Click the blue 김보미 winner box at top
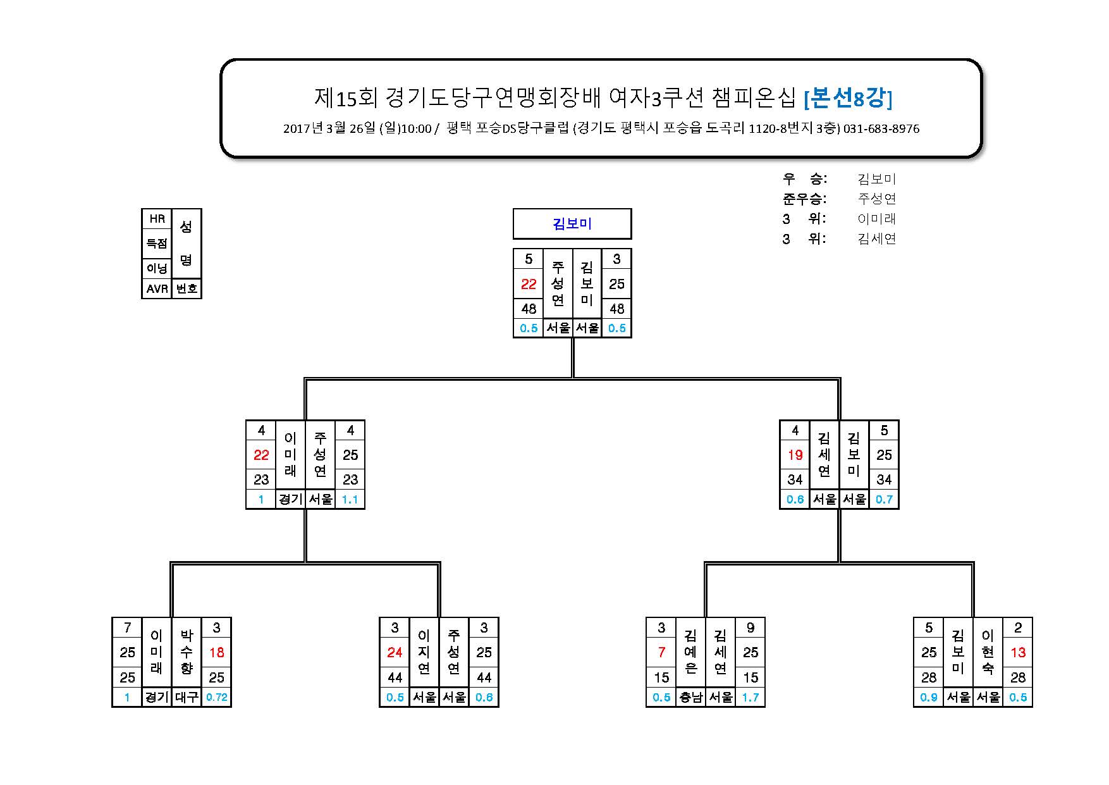pyautogui.click(x=572, y=224)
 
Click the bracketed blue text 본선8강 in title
pyautogui.click(x=847, y=98)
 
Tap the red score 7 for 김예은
pyautogui.click(x=661, y=652)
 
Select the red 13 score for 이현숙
pyautogui.click(x=1018, y=652)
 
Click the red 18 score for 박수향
pyautogui.click(x=216, y=652)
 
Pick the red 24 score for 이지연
pyautogui.click(x=395, y=652)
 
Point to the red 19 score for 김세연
pyautogui.click(x=795, y=455)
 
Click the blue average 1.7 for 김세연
pyautogui.click(x=751, y=697)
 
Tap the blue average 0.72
pyautogui.click(x=216, y=697)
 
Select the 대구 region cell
pyautogui.click(x=187, y=697)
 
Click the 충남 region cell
pyautogui.click(x=690, y=697)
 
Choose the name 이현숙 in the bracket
pyautogui.click(x=988, y=652)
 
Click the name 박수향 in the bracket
pyautogui.click(x=187, y=652)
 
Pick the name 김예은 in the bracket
pyautogui.click(x=690, y=652)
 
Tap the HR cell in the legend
pyautogui.click(x=157, y=219)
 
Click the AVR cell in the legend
pyautogui.click(x=157, y=288)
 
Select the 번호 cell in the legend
pyautogui.click(x=187, y=288)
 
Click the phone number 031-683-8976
pyautogui.click(x=881, y=129)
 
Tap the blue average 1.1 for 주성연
pyautogui.click(x=350, y=500)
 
